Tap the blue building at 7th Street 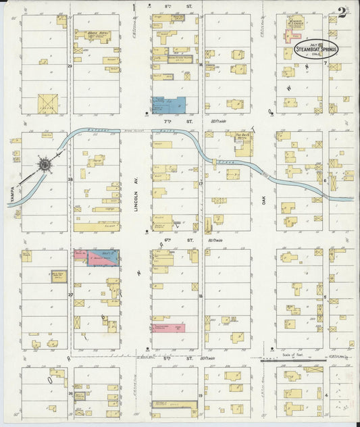pos(169,105)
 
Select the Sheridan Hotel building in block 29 pos(96,36)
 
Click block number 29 pos(70,66)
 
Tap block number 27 pos(70,295)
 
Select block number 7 pos(325,64)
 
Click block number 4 pos(326,395)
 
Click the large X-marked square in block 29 pos(47,103)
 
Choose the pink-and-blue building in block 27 pos(96,257)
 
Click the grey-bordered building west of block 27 pos(58,276)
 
